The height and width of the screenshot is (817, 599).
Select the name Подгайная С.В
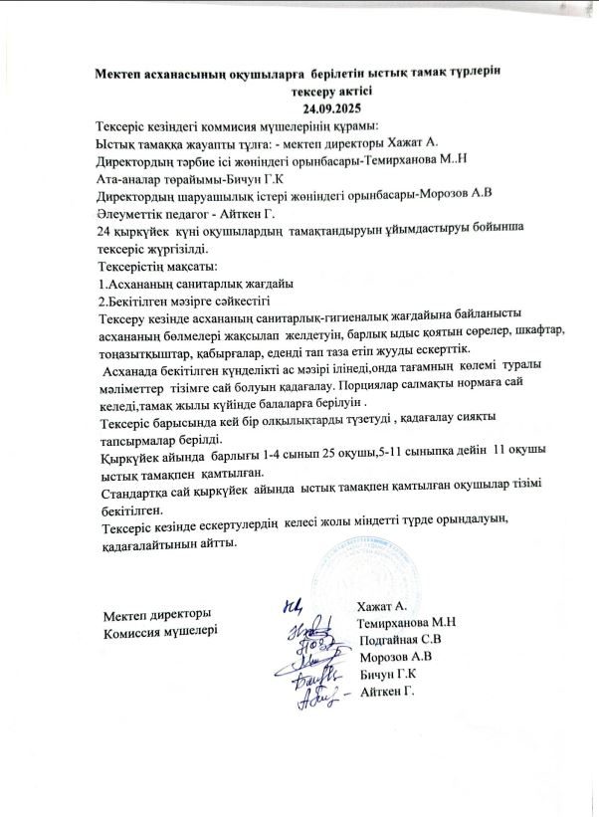400,640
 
